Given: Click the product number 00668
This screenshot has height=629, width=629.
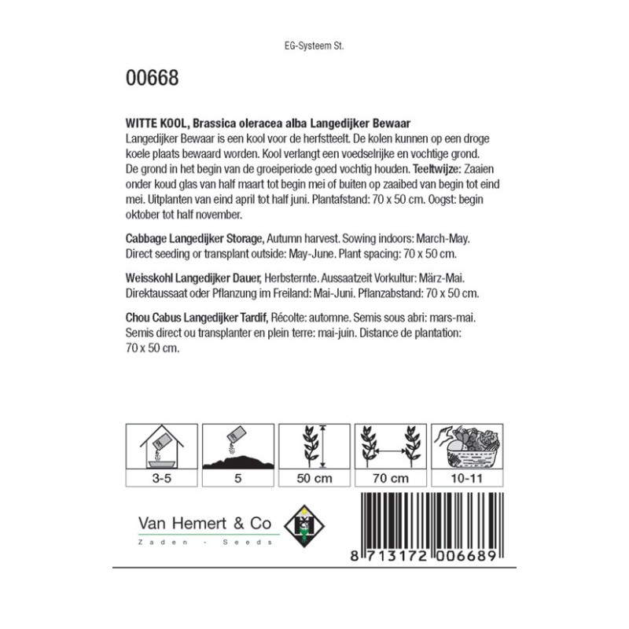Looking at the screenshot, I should tap(152, 79).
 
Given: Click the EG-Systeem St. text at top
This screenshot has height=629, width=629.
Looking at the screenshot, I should tap(314, 46).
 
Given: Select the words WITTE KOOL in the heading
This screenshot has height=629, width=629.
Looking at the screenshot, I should tap(156, 123).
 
